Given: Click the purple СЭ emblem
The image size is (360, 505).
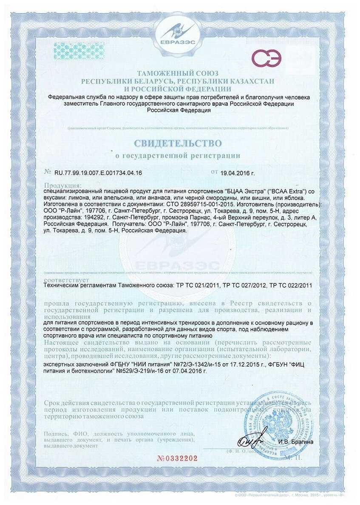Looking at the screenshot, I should click(266, 58).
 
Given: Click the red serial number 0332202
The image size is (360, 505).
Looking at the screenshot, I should click(177, 458).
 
